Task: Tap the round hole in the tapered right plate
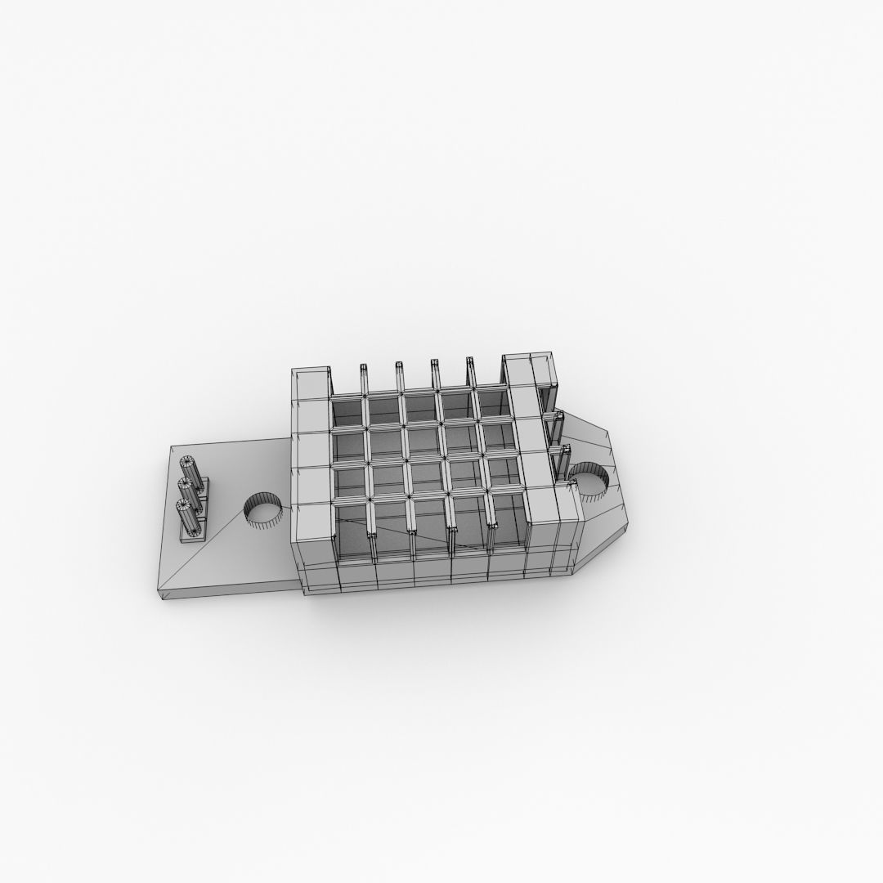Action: point(586,478)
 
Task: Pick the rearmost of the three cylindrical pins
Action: point(193,470)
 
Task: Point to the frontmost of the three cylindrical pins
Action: point(187,515)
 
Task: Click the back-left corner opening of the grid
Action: point(347,410)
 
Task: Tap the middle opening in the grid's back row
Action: point(419,407)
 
